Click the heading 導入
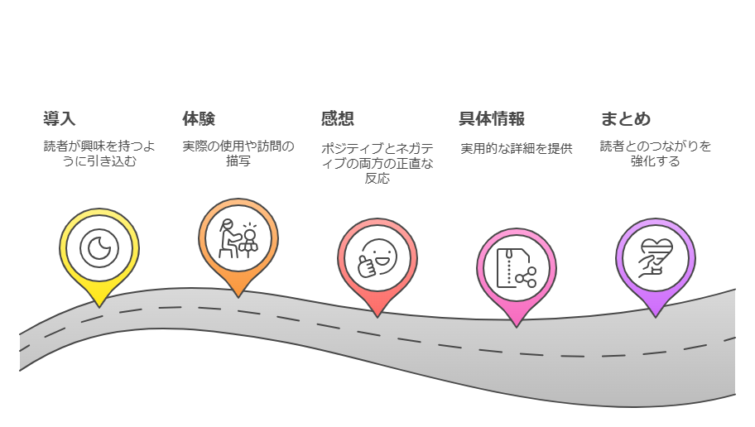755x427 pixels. pyautogui.click(x=60, y=119)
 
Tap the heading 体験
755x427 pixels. pyautogui.click(x=199, y=119)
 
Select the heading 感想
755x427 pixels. pyautogui.click(x=337, y=119)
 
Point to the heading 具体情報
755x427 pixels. pyautogui.click(x=492, y=119)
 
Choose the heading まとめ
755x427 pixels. pyautogui.click(x=626, y=119)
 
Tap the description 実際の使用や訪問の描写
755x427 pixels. pyautogui.click(x=238, y=154)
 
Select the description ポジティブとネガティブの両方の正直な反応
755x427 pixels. pyautogui.click(x=377, y=163)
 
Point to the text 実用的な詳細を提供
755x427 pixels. pyautogui.click(x=517, y=149)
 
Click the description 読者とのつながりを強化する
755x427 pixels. pyautogui.click(x=655, y=154)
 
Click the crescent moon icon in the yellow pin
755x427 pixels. pyautogui.click(x=99, y=247)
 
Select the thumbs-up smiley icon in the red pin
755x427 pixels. pyautogui.click(x=377, y=258)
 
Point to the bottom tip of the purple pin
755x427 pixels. pyautogui.click(x=655, y=317)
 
